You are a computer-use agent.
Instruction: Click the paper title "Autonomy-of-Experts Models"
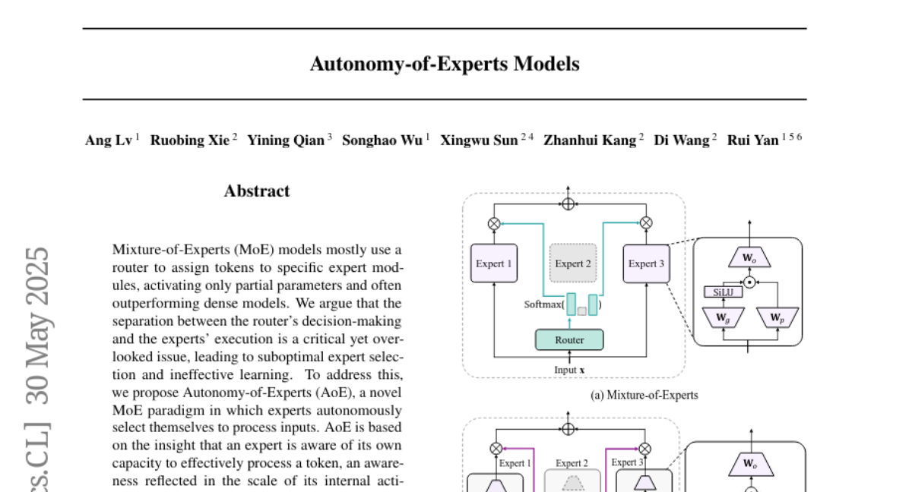coord(445,65)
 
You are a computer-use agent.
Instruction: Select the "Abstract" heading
coord(257,191)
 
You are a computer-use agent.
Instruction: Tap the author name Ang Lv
coord(109,140)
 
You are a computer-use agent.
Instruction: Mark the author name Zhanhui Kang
coord(590,140)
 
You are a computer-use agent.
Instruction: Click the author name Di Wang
coord(682,140)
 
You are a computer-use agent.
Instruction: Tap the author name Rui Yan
coord(752,140)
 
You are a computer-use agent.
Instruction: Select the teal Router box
coord(569,340)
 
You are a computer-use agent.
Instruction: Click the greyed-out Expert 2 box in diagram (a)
coord(573,263)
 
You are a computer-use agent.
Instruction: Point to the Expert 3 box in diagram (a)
coord(646,263)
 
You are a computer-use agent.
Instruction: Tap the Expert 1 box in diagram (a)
coord(494,263)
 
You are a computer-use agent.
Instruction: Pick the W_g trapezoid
coord(718,317)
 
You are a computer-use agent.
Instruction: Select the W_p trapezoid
coord(776,317)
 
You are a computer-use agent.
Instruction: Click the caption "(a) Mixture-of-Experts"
coord(644,395)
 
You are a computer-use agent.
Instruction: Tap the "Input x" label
coord(569,370)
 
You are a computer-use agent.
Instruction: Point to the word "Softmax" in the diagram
coord(543,305)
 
